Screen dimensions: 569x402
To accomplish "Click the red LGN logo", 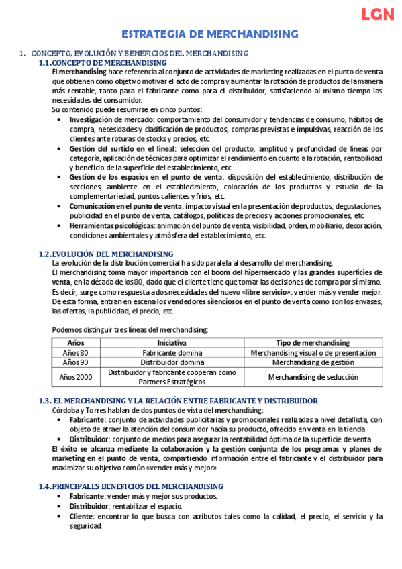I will click(377, 15).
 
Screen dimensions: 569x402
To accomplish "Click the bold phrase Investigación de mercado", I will click(112, 119).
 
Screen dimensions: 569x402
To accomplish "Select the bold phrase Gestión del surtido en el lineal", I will click(122, 148).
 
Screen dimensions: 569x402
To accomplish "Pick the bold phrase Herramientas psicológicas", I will click(111, 225).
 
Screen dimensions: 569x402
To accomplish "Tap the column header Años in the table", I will click(76, 342).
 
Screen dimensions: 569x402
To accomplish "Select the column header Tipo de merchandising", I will click(313, 342).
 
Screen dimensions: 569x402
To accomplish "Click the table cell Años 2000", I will click(76, 377).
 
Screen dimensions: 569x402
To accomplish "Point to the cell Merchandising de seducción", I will click(313, 377).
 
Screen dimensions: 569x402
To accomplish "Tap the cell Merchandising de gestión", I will click(313, 362).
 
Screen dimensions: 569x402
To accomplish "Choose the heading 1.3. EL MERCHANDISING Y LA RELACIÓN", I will click(179, 401).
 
